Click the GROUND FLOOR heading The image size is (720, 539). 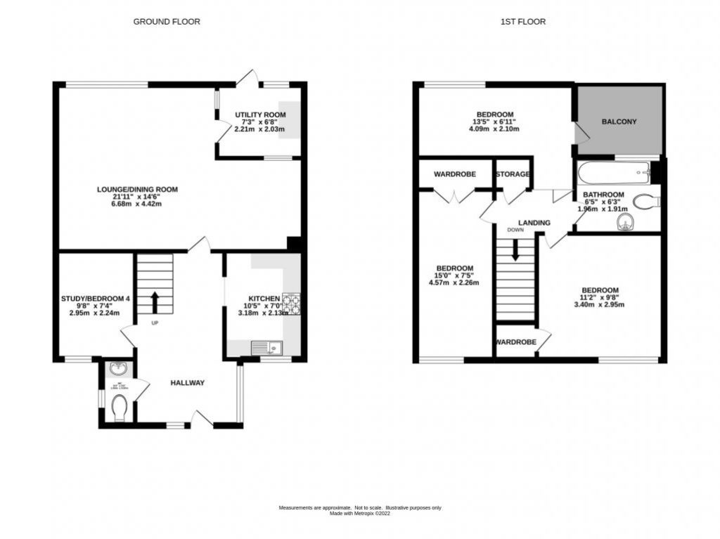pos(167,22)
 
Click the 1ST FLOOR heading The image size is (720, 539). pos(522,22)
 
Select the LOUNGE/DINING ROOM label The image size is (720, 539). pos(139,190)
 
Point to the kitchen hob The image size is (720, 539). pos(290,303)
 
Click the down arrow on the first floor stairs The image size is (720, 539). pos(515,250)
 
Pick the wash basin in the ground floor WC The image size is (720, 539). pos(116,368)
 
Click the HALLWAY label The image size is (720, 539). pos(188,383)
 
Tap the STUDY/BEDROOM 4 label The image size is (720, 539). pos(95,299)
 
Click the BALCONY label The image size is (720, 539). pos(619,122)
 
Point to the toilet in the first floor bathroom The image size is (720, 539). pos(645,202)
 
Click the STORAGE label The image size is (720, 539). pos(512,174)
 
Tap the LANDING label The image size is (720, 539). pos(534,223)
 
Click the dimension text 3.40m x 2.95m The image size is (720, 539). pos(599,304)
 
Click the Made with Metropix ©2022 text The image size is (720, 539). pos(360,514)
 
